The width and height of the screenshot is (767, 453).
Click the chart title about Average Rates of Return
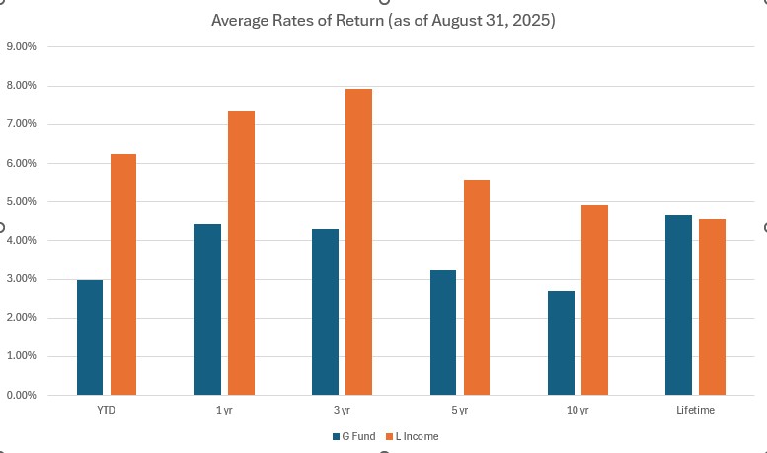tap(383, 20)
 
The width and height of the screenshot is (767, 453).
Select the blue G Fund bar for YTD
tap(90, 338)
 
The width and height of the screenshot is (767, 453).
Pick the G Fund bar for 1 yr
tap(207, 310)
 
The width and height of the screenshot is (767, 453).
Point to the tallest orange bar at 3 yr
tap(358, 242)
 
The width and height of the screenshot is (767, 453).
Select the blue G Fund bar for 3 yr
tap(325, 312)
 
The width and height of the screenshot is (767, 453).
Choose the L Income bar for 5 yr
tap(476, 287)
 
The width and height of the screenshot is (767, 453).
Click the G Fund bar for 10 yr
tap(561, 343)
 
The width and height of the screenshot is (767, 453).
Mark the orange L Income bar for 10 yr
tap(594, 300)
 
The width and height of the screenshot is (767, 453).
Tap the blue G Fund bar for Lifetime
tap(678, 305)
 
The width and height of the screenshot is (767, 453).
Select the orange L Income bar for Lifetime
tap(712, 307)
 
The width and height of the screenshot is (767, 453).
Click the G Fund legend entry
tap(353, 435)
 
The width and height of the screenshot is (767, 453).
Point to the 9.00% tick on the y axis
tap(22, 46)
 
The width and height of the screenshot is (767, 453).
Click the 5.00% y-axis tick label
tap(22, 201)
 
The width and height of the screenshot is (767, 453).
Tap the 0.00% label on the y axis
tap(22, 395)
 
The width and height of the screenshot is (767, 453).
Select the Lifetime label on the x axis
tap(695, 410)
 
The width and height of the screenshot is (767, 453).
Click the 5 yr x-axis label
tap(459, 410)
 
